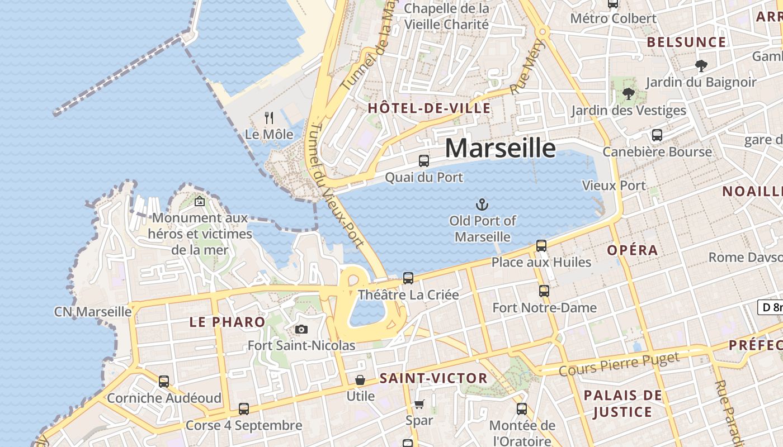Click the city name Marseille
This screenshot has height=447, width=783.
click(501, 149)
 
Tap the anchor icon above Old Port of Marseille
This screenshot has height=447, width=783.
click(482, 205)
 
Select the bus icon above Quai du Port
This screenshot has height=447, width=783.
click(424, 161)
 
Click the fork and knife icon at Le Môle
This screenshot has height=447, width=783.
click(269, 118)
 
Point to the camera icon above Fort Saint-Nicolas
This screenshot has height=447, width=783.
click(301, 330)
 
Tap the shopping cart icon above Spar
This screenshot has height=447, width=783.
click(419, 404)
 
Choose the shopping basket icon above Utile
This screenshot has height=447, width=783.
click(360, 381)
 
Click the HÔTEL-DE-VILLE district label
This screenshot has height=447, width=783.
click(429, 108)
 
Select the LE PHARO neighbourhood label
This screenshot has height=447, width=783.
click(227, 322)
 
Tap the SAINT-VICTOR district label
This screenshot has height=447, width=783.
click(433, 378)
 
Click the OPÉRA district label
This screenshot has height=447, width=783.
click(633, 250)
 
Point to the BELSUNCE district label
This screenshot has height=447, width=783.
click(686, 42)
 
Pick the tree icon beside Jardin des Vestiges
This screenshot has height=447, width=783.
click(629, 93)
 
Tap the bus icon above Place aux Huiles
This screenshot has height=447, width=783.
click(541, 245)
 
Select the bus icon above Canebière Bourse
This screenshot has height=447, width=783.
click(657, 135)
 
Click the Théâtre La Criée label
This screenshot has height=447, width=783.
click(408, 294)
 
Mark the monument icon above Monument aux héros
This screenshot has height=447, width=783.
click(200, 202)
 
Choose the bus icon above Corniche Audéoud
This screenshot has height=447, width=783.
click(164, 382)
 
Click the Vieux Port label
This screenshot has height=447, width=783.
click(614, 186)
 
